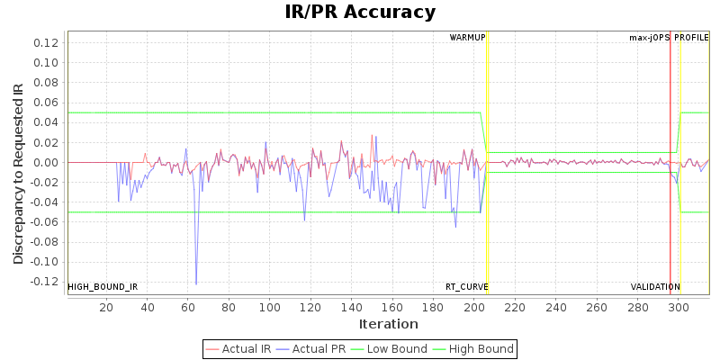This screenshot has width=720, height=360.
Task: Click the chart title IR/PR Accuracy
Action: click(360, 13)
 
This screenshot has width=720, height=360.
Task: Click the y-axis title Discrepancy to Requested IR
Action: click(18, 174)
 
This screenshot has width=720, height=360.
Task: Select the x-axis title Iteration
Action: click(389, 324)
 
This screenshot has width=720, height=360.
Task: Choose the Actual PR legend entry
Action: click(309, 349)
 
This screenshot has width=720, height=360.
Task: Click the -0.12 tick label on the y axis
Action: click(45, 282)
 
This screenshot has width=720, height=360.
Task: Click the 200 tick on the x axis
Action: click(474, 307)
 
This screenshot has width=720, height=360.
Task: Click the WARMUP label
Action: click(467, 38)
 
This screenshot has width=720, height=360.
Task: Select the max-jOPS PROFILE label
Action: click(669, 38)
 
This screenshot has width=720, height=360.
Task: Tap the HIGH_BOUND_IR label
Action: click(103, 287)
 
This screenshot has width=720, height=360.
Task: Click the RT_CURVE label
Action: click(466, 287)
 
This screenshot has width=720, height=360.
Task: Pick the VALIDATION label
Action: click(655, 287)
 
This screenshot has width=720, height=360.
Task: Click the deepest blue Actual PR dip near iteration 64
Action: click(196, 284)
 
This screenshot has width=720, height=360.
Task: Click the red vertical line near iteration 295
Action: click(670, 135)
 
